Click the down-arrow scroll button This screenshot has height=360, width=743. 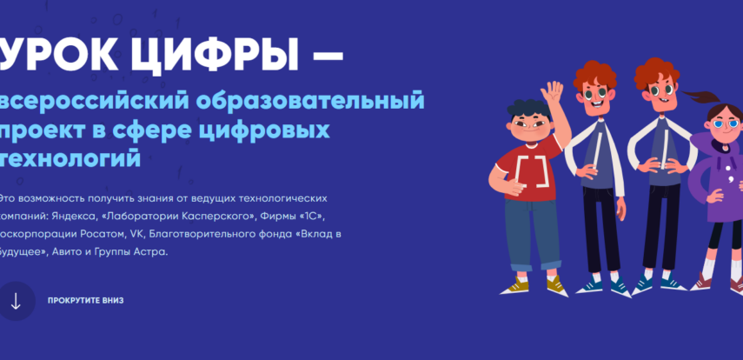point(15,301)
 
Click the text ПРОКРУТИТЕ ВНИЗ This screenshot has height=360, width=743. point(86,301)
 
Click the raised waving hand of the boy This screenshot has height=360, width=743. point(551,94)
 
